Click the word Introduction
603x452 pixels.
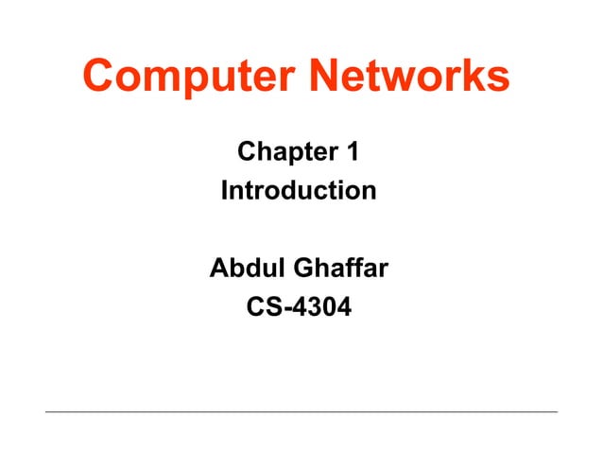(x=298, y=191)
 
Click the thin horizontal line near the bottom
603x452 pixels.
(x=301, y=411)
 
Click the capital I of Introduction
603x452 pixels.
(x=224, y=191)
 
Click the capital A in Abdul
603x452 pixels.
(x=218, y=269)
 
